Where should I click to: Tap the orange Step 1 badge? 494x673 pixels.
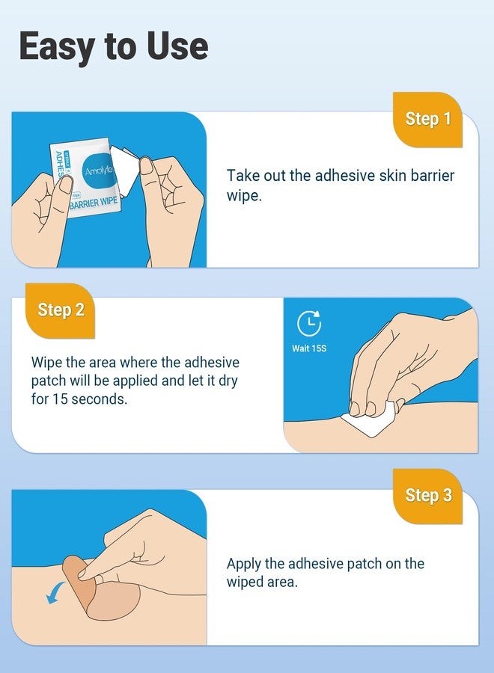coord(428,119)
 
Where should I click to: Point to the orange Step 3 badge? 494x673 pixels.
coord(428,496)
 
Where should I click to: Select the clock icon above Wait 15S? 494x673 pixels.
coord(309,323)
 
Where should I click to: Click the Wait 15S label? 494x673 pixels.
coord(309,348)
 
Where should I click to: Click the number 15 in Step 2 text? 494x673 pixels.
coord(59,399)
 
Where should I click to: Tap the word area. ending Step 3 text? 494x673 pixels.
coord(280,583)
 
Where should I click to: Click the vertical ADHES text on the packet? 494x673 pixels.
coord(59,170)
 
